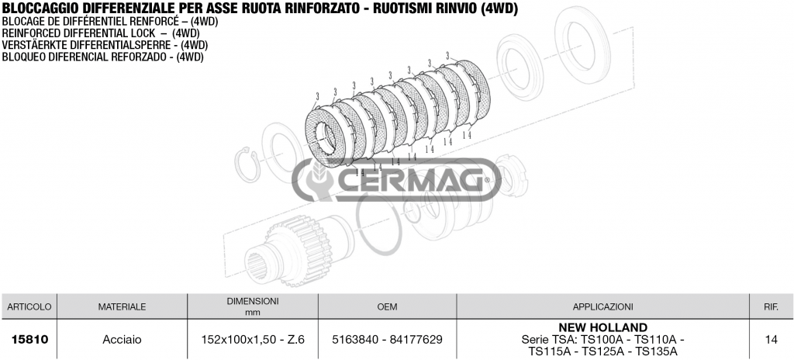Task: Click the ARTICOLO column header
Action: (29, 306)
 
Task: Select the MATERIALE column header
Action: (122, 306)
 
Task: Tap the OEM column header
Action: (388, 306)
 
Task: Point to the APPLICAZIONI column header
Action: (602, 306)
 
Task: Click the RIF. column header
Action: (772, 306)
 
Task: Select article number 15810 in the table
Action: (29, 339)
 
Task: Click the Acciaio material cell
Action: (122, 339)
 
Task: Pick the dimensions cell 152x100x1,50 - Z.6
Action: (253, 339)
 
